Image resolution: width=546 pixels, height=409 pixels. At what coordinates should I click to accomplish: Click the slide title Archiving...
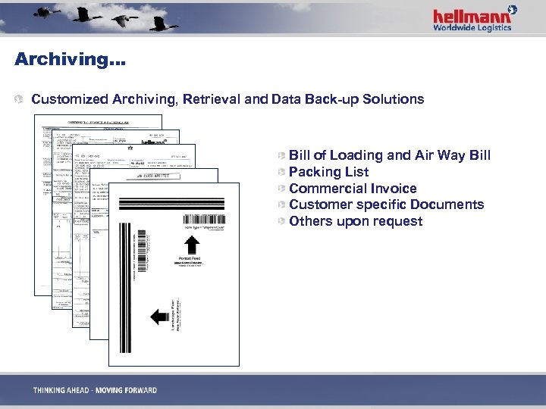69,59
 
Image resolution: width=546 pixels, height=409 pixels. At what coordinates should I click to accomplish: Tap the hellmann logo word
469,16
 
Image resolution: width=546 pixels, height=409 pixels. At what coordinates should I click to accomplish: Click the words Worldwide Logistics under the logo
472,28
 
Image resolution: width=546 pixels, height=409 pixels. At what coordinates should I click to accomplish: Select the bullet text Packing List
328,172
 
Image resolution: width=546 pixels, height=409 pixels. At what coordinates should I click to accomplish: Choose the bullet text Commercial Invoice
353,189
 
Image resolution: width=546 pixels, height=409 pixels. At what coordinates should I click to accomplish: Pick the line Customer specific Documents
386,204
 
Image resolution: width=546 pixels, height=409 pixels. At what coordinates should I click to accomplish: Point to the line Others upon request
356,221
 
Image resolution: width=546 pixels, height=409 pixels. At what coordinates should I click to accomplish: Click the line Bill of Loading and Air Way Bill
390,155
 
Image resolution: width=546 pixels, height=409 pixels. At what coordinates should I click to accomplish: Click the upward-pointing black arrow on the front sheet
193,245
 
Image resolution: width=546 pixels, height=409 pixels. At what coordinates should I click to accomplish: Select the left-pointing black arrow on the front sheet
159,316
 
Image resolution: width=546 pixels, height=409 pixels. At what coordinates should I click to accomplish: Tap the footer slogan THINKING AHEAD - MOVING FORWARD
95,391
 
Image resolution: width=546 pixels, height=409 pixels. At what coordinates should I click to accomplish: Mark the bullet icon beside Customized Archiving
23,99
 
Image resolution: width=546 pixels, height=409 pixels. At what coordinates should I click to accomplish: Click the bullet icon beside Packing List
281,172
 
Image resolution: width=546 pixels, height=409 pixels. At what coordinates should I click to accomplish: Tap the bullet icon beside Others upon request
281,221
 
